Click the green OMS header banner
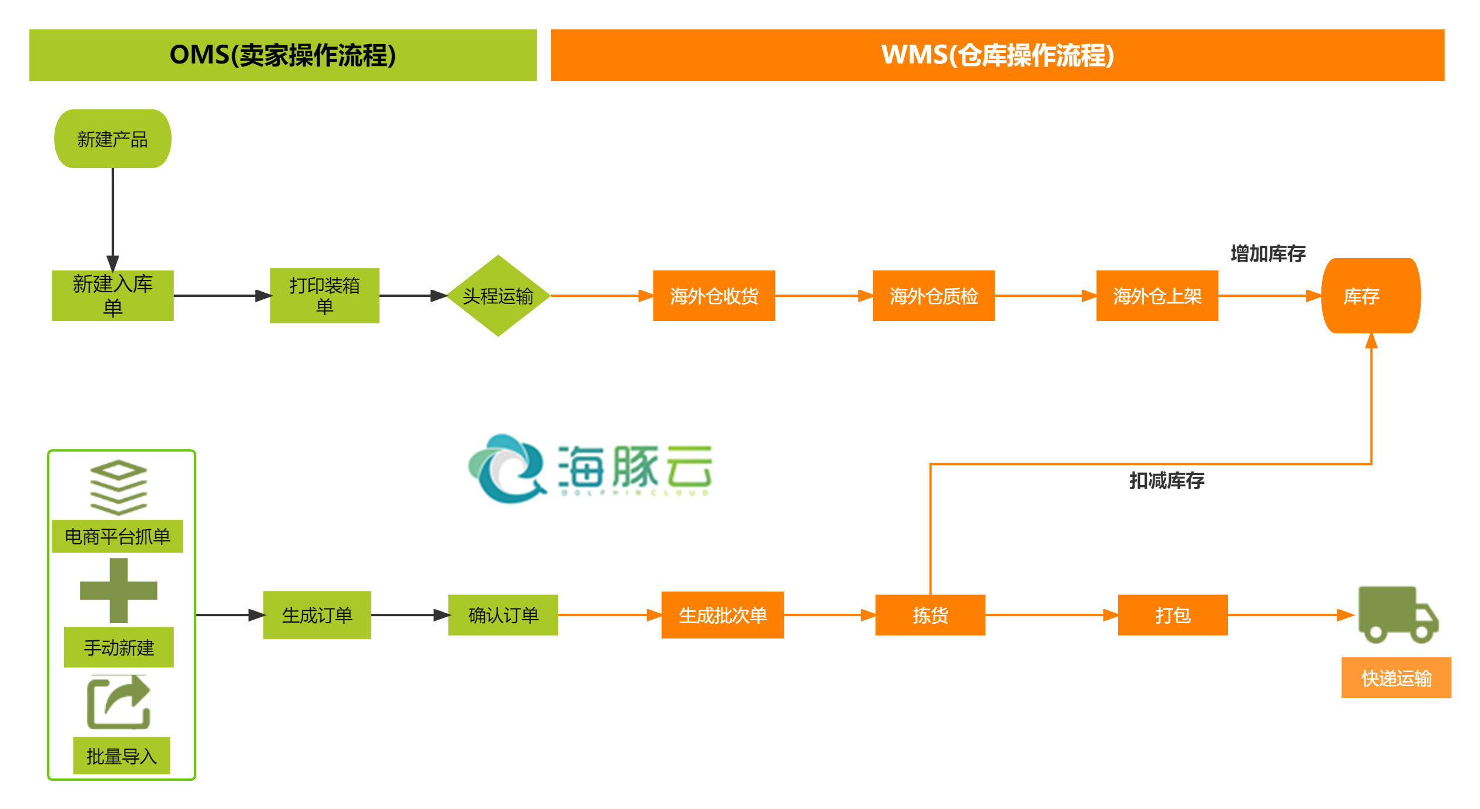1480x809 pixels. pos(283,55)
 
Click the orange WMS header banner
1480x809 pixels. pos(997,55)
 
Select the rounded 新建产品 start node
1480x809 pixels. pos(113,139)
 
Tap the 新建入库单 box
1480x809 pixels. pos(113,296)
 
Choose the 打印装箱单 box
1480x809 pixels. pos(324,296)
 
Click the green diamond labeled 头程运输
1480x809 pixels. pos(498,296)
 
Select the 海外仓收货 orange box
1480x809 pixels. pos(714,296)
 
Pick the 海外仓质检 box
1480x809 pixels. pos(934,296)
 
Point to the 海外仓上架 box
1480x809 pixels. pos(1157,296)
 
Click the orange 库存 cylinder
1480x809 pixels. pos(1371,296)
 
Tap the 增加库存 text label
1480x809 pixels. pos(1268,254)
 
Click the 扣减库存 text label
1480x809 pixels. pos(1166,481)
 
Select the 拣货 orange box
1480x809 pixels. pos(930,615)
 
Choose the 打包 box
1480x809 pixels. pos(1173,615)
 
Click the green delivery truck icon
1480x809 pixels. pos(1397,615)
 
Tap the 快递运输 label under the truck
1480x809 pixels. pos(1396,678)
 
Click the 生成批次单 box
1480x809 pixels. pos(723,615)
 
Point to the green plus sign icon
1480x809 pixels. pos(119,590)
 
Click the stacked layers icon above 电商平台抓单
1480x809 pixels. pos(119,487)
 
